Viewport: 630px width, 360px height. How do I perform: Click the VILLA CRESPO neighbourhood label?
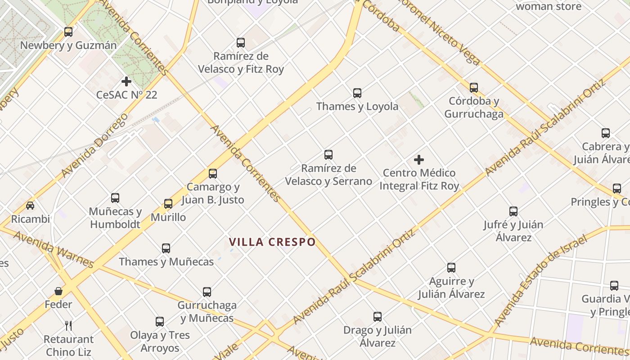click(x=272, y=242)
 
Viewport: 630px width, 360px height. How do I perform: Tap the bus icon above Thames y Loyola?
click(x=357, y=93)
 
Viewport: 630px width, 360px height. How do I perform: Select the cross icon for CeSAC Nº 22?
click(x=126, y=81)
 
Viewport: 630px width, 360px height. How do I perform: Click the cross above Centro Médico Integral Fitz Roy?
click(x=419, y=160)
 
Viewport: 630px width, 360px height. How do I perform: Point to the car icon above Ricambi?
click(x=30, y=206)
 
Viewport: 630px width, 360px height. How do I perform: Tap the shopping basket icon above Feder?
click(x=58, y=291)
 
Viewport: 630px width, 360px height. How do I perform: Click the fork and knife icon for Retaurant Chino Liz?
click(x=68, y=325)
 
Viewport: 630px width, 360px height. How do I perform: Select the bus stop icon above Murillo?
click(x=168, y=204)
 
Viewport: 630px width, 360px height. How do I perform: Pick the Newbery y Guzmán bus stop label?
click(x=68, y=45)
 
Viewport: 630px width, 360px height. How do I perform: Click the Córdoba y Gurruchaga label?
click(x=474, y=108)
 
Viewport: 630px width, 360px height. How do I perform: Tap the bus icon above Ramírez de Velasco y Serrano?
click(x=328, y=155)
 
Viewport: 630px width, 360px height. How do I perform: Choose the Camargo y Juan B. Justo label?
click(x=213, y=193)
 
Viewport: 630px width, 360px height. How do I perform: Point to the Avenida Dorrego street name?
click(x=94, y=145)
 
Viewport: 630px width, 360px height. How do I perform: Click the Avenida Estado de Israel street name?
click(x=540, y=280)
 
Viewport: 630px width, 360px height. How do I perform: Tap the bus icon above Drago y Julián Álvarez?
click(x=378, y=317)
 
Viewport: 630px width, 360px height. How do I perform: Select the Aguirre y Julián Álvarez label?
click(x=451, y=288)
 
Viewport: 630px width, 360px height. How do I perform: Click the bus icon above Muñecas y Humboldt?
click(x=115, y=198)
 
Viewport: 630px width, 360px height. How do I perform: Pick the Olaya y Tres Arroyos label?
click(x=160, y=342)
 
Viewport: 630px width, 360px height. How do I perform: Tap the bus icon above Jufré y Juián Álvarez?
click(x=513, y=211)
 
